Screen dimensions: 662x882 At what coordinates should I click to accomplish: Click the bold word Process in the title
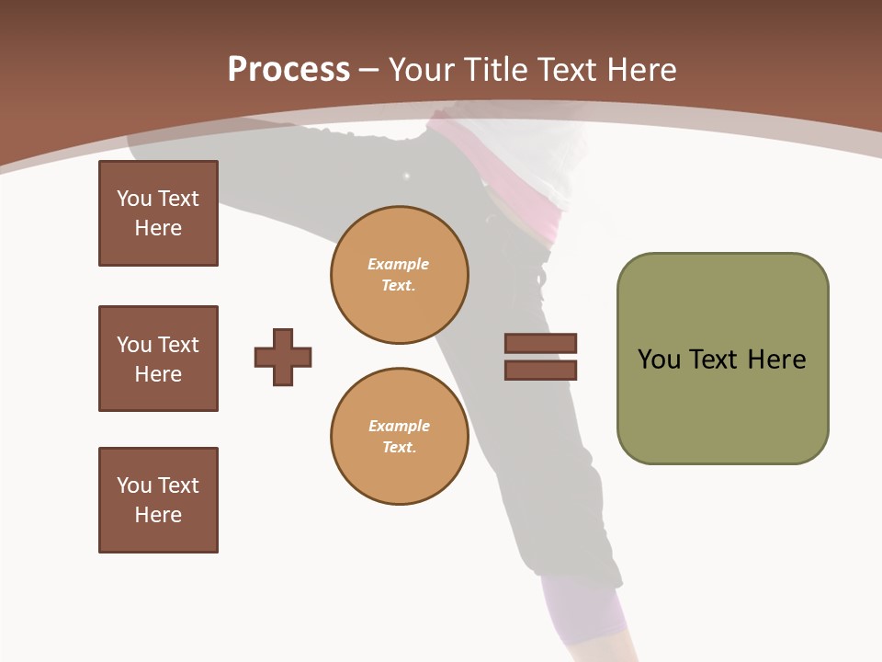(x=288, y=69)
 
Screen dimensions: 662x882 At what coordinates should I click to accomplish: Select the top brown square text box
(x=158, y=213)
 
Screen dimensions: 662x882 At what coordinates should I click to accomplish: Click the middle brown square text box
(x=158, y=359)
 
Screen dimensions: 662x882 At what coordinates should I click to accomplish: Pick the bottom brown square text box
(x=158, y=500)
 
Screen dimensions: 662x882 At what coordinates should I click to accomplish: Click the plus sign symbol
(x=283, y=357)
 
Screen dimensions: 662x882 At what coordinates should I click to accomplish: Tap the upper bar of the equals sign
(x=540, y=343)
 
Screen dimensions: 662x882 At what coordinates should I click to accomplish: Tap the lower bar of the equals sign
(x=540, y=370)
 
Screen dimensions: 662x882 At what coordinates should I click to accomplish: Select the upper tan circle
(x=399, y=275)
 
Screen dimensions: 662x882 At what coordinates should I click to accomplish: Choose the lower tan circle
(x=399, y=437)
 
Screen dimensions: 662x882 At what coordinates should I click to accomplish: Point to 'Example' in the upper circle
(x=399, y=264)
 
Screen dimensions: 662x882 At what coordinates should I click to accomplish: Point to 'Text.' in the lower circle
(x=399, y=448)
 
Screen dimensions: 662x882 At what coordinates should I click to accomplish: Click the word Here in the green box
(x=776, y=360)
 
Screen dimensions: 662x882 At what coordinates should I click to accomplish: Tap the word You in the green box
(x=659, y=360)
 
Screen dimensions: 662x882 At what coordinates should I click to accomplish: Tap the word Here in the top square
(x=158, y=228)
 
